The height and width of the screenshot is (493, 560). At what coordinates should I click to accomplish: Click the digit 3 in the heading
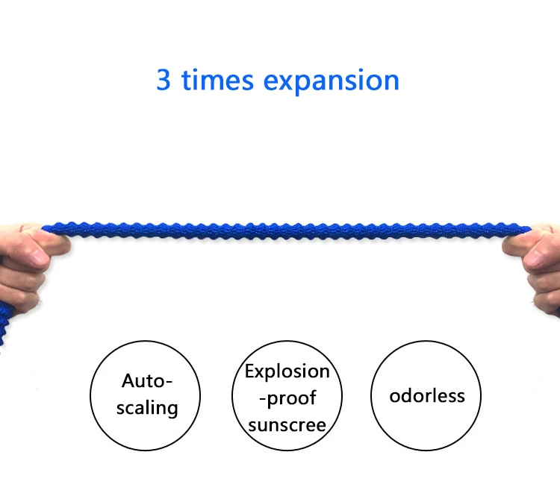[x=164, y=80]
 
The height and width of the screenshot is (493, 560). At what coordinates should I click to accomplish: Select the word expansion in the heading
[x=332, y=81]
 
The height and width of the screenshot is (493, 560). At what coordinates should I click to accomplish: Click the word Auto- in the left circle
[x=147, y=382]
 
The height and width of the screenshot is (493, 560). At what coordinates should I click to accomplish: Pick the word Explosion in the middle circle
[x=287, y=371]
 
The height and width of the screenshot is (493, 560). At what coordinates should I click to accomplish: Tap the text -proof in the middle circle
[x=287, y=398]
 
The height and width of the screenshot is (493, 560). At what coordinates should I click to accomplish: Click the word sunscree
[x=287, y=424]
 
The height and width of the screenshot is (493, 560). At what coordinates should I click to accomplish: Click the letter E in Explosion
[x=251, y=371]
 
